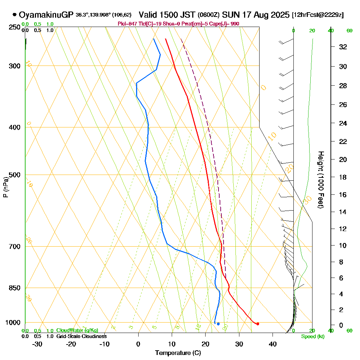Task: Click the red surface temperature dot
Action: click(x=257, y=324)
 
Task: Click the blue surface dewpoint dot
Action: click(x=218, y=324)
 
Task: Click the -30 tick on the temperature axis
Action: click(x=37, y=344)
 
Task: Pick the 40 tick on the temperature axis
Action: click(x=273, y=344)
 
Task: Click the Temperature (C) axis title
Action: click(x=178, y=353)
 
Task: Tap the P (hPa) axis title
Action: click(x=5, y=187)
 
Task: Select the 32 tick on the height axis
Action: click(x=343, y=47)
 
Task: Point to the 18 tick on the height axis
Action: click(x=343, y=177)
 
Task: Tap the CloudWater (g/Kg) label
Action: click(x=77, y=330)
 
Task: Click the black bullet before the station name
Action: click(x=14, y=15)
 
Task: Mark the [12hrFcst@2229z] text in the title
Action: click(x=318, y=15)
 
